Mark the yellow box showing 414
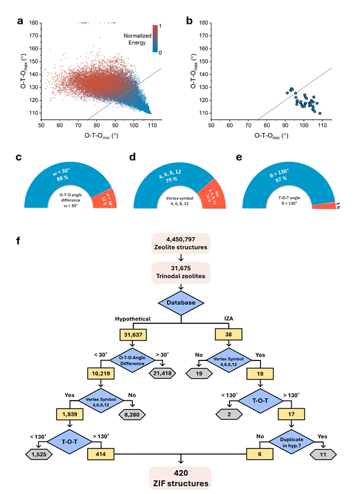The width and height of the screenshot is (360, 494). pos(99,453)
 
